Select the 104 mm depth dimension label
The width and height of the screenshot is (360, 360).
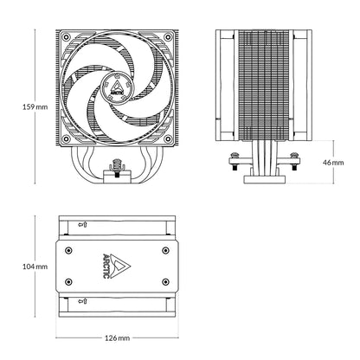(x=19, y=267)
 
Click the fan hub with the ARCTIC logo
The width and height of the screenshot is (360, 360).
(x=117, y=85)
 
